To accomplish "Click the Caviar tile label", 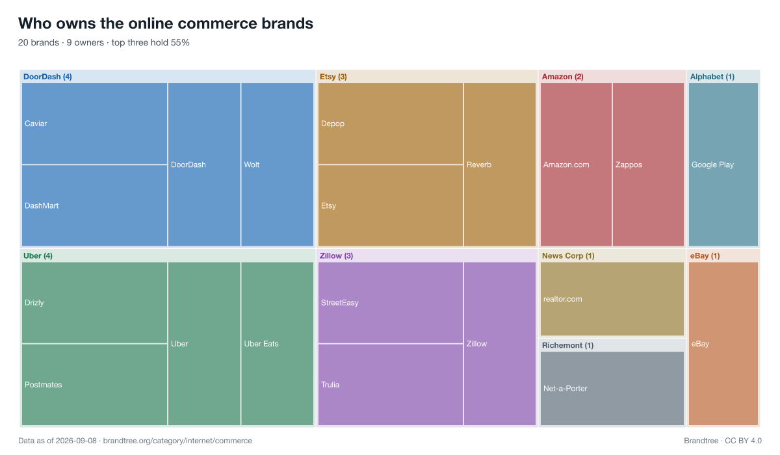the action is [36, 123].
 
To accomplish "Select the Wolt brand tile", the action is [277, 164].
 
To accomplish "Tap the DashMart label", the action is [42, 206].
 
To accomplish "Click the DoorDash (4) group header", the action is [47, 77].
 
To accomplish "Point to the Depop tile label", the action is [333, 123].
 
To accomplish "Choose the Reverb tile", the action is [500, 164].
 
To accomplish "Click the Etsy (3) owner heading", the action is [333, 77].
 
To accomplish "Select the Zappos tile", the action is [649, 164].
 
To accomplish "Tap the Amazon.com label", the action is [566, 164].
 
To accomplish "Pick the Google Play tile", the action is [723, 164].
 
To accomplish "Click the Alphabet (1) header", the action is [712, 77].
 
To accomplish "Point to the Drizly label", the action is [34, 303].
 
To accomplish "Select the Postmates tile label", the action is [43, 385].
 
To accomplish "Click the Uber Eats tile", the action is [277, 344].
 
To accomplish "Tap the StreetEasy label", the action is [339, 303].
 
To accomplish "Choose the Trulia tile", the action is [391, 385].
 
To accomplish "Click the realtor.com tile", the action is [612, 299].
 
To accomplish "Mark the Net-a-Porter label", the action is [565, 389].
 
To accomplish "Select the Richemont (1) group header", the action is [567, 345].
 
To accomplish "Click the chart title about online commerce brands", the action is [166, 23].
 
